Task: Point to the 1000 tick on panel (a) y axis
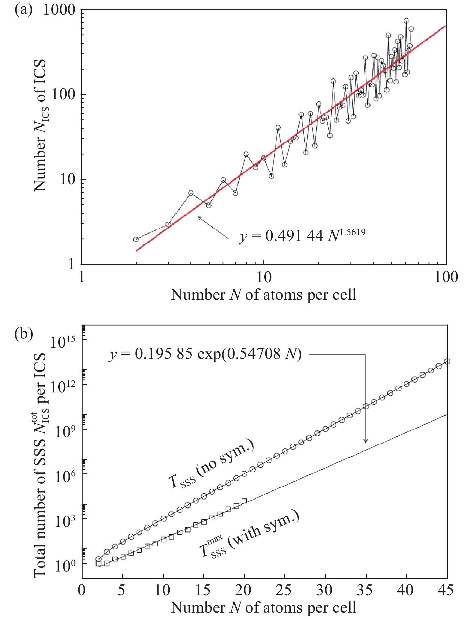click(59, 10)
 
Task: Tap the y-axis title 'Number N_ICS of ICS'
click(40, 125)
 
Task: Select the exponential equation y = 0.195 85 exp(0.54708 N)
click(205, 354)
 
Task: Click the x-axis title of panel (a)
click(263, 295)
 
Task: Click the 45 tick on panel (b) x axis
click(446, 590)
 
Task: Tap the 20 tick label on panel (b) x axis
click(243, 590)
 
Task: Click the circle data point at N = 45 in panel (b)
click(447, 361)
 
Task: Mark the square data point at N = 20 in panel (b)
click(244, 501)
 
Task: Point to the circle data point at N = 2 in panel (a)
click(136, 239)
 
